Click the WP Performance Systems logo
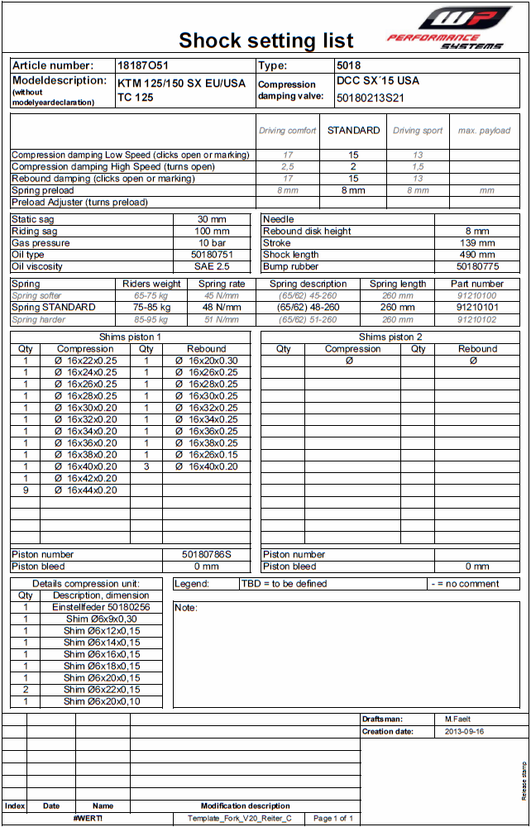coord(450,27)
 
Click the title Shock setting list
coord(266,40)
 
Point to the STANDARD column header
coord(353,131)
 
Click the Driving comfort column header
coord(288,131)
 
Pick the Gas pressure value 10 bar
coord(213,243)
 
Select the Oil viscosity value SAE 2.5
coord(213,266)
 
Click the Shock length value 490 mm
coord(477,255)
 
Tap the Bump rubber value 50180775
coord(477,266)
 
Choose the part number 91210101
coord(477,307)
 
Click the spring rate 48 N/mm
coord(221,307)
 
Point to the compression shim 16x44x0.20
coord(85,490)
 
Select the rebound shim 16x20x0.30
coord(206,361)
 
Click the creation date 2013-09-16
coord(465,732)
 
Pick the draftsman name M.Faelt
coord(457,719)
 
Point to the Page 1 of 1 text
coord(333,819)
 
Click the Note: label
coord(186,608)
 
